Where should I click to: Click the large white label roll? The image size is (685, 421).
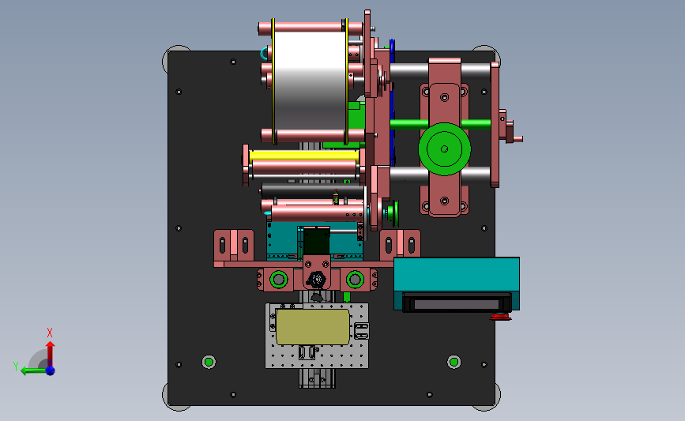pyautogui.click(x=311, y=81)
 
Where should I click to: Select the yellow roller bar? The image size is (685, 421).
pyautogui.click(x=304, y=156)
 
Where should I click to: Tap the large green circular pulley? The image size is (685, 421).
pyautogui.click(x=444, y=149)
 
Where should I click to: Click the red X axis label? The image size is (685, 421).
pyautogui.click(x=50, y=333)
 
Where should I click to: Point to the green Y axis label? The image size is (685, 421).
pyautogui.click(x=16, y=366)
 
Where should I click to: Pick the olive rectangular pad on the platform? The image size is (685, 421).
pyautogui.click(x=313, y=327)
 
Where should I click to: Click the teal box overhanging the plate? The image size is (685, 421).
pyautogui.click(x=457, y=284)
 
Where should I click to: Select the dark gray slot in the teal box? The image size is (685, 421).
pyautogui.click(x=457, y=304)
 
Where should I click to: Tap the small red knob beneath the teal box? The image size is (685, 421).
pyautogui.click(x=500, y=317)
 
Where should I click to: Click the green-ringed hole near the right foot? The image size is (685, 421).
pyautogui.click(x=454, y=362)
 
